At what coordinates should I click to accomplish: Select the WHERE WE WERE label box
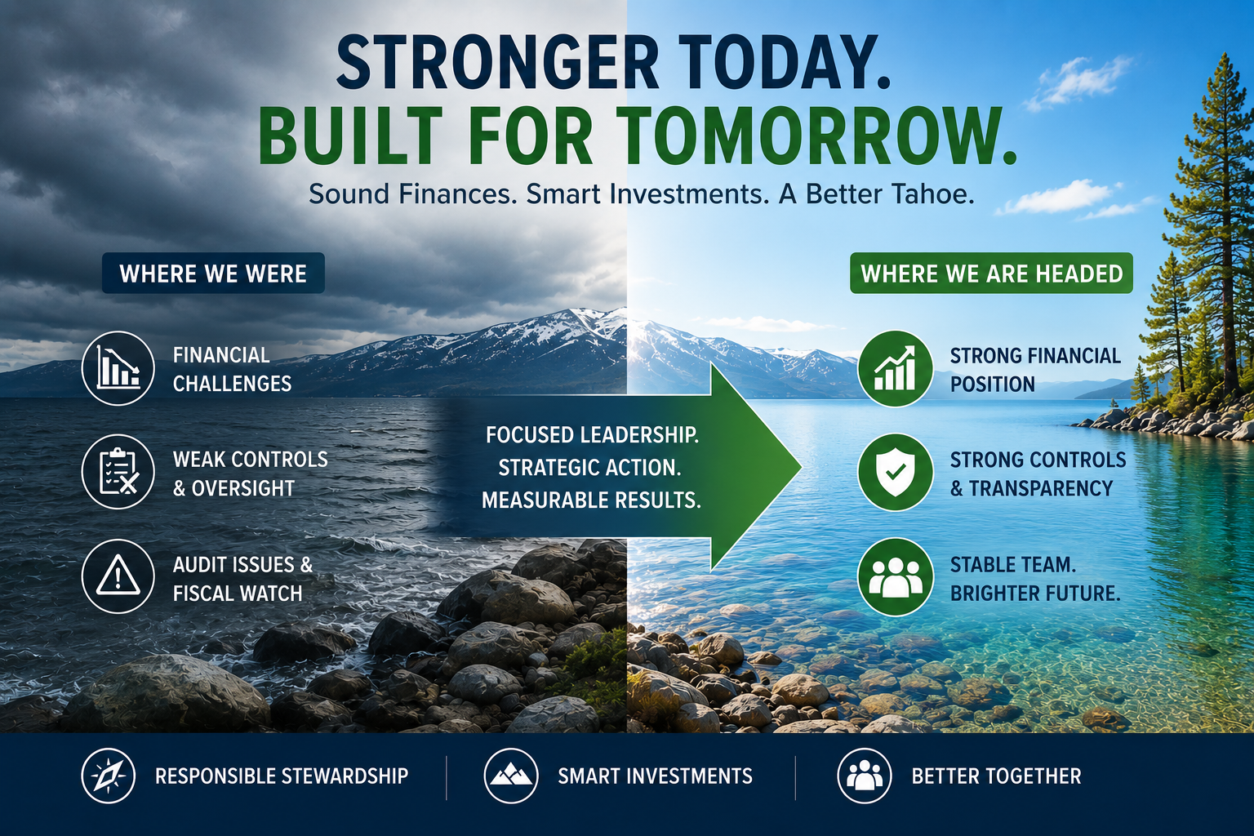[x=213, y=273]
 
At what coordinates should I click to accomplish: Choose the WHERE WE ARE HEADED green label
[x=991, y=273]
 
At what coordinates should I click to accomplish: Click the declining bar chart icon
[x=118, y=368]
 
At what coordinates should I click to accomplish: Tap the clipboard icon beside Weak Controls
[x=118, y=472]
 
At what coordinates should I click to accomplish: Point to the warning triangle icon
[x=118, y=576]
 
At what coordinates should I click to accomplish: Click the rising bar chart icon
[x=895, y=368]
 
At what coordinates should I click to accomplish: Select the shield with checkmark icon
[x=895, y=472]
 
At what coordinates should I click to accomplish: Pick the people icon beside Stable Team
[x=895, y=577]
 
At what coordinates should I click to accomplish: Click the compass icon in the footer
[x=109, y=776]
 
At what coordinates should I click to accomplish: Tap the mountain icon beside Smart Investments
[x=510, y=776]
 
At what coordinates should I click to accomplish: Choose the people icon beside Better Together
[x=865, y=776]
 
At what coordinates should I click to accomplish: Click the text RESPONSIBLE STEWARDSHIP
[x=282, y=776]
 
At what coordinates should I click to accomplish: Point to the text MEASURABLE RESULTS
[x=591, y=500]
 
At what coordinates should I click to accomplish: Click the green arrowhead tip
[x=801, y=466]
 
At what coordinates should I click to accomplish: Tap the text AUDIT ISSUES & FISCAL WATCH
[x=242, y=579]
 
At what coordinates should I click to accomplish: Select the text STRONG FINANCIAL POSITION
[x=1035, y=370]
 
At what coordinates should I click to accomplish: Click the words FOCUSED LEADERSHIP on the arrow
[x=592, y=435]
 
